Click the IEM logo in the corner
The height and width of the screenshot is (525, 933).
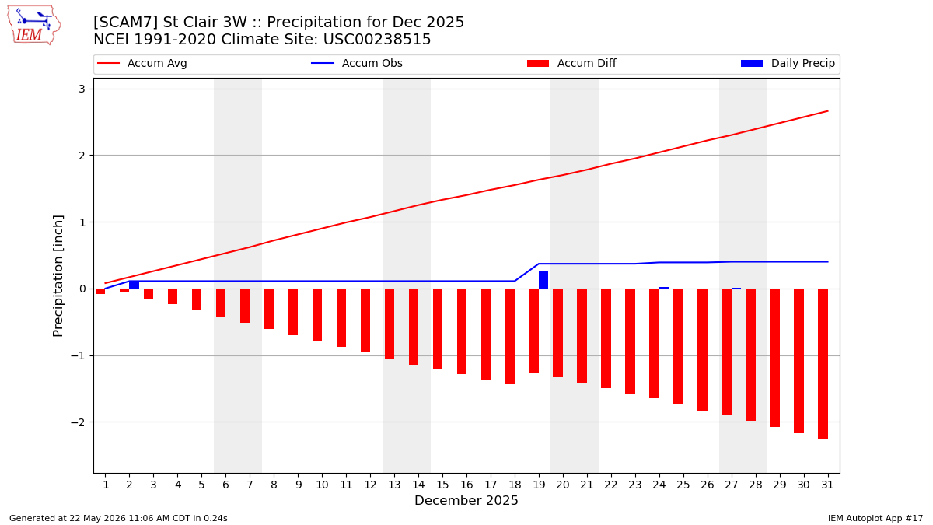click(33, 26)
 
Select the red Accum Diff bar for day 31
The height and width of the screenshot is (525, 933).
click(823, 364)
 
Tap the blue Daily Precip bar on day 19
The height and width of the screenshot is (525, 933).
click(543, 280)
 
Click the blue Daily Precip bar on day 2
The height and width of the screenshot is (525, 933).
click(134, 285)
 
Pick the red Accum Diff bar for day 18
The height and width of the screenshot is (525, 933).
click(510, 336)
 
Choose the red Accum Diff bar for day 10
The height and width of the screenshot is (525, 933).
click(317, 315)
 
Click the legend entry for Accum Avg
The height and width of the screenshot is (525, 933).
click(142, 63)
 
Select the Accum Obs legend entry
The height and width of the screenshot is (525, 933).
click(357, 63)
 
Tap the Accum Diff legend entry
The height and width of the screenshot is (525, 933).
click(571, 63)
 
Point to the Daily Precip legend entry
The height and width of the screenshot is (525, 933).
click(788, 63)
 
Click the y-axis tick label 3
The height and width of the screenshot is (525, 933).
click(82, 89)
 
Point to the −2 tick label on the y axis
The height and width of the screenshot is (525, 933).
click(78, 422)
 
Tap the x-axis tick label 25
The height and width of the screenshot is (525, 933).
click(683, 485)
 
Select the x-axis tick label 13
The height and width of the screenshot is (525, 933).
click(394, 485)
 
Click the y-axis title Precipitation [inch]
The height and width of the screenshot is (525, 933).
click(58, 276)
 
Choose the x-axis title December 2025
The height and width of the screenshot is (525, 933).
click(466, 500)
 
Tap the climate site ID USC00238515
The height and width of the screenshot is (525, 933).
click(377, 40)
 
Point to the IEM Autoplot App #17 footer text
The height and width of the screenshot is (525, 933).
click(875, 518)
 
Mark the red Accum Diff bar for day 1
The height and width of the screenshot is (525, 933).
click(100, 291)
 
